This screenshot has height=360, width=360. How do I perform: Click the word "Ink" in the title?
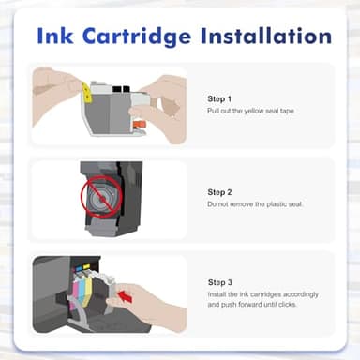(x=59, y=36)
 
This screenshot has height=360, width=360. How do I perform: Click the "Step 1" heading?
(x=219, y=97)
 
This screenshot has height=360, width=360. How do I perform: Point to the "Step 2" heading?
(x=220, y=191)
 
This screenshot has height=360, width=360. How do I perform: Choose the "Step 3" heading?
(x=220, y=280)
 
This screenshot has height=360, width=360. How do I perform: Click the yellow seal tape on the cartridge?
(x=86, y=92)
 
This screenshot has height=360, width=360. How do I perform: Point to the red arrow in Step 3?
(x=127, y=298)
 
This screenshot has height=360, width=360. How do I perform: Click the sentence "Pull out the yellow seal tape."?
(x=250, y=111)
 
